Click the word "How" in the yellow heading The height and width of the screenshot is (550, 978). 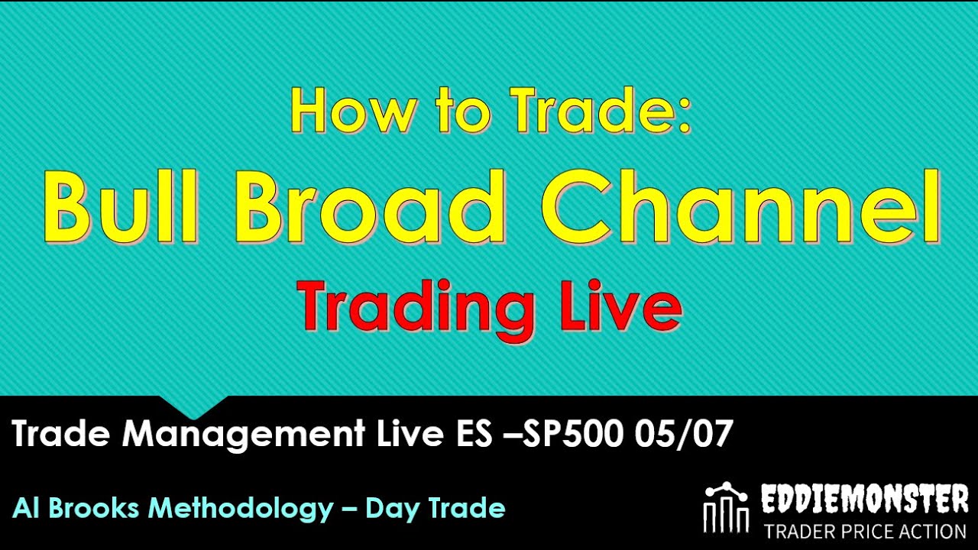340,110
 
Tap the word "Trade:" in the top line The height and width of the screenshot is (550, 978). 601,110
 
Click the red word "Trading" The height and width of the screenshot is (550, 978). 416,307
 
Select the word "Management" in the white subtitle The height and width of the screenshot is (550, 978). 243,435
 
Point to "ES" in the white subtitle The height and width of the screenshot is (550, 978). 465,435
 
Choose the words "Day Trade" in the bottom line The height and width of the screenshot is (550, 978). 436,508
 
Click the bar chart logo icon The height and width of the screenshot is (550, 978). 727,508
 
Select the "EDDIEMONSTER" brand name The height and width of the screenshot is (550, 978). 865,501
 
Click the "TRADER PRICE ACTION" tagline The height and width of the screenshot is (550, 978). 865,531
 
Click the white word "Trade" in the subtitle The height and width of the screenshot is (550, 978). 62,435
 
